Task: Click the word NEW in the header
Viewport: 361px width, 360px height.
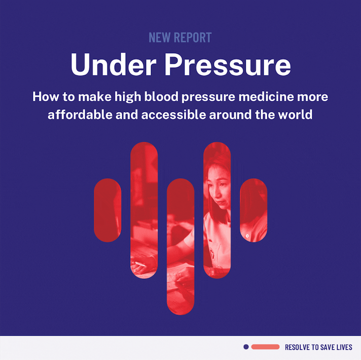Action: point(160,37)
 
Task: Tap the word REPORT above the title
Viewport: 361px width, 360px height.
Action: point(193,37)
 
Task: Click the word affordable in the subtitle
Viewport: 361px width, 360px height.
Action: point(80,114)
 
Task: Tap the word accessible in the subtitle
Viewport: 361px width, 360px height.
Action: point(173,114)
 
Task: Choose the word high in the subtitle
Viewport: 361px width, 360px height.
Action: point(128,97)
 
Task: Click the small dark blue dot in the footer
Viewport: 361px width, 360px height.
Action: point(246,347)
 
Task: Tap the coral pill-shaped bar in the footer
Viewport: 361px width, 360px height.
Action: point(265,347)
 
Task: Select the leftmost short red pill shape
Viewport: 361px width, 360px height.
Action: point(107,210)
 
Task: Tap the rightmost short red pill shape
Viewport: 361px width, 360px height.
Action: point(254,210)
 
